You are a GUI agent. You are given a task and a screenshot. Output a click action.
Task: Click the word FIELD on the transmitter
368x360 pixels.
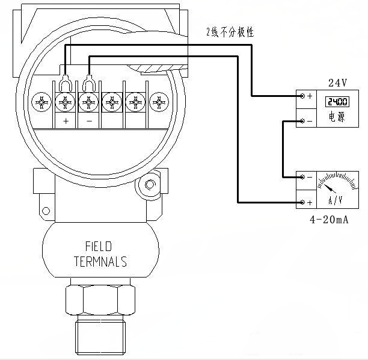[x=99, y=247]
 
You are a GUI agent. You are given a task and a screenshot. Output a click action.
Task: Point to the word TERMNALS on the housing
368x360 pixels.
[x=100, y=262]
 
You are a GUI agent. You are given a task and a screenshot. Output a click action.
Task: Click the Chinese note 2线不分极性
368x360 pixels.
[x=230, y=32]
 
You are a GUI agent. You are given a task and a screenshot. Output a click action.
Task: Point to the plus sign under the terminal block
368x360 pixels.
[x=65, y=122]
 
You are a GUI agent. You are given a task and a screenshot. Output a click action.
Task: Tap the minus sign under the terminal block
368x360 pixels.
[x=88, y=122]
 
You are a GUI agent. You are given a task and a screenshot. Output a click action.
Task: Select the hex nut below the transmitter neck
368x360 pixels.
[x=100, y=299]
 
